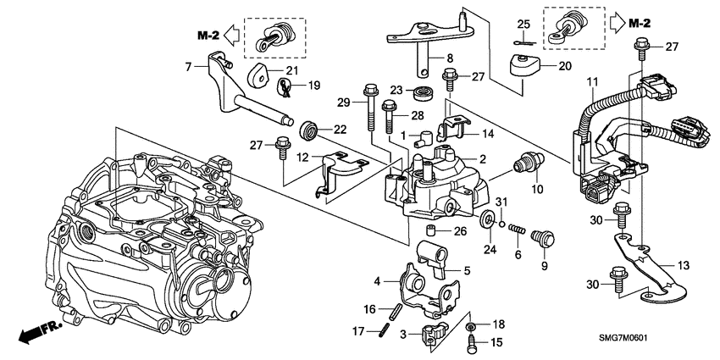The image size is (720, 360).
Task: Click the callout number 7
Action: click(x=189, y=65)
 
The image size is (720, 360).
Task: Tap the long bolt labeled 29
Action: click(x=370, y=111)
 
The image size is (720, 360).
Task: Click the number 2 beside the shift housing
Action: click(x=480, y=159)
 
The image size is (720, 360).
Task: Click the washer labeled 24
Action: click(x=488, y=221)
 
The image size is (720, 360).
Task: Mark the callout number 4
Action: click(x=377, y=280)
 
